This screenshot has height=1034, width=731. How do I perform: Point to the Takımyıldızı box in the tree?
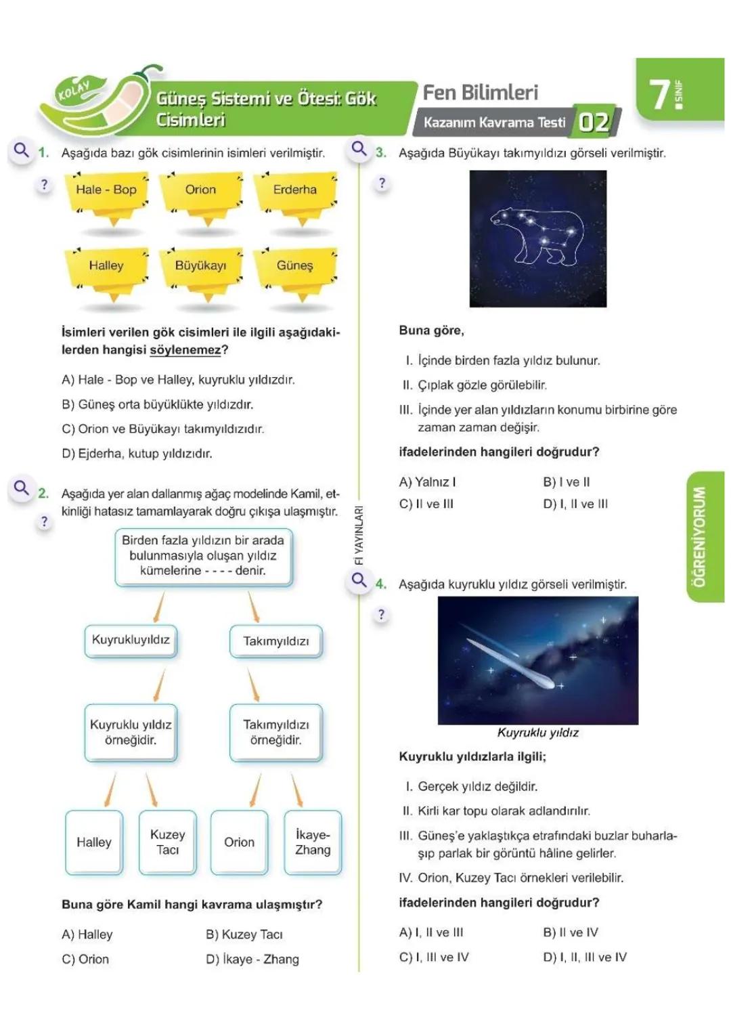click(x=276, y=641)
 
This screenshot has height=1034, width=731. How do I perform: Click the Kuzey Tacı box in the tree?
click(x=167, y=842)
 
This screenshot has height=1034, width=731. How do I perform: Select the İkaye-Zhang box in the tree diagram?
click(x=313, y=842)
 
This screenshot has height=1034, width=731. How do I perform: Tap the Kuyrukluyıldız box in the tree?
click(x=131, y=641)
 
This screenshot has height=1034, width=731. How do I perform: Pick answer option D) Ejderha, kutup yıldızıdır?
click(x=137, y=454)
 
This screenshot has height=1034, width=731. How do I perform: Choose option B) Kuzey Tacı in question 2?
click(x=244, y=934)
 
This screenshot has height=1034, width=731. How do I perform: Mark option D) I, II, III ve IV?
click(x=585, y=957)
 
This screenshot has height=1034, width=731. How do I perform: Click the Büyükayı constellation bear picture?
click(x=538, y=238)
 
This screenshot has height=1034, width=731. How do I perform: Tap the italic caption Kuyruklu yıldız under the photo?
click(x=538, y=733)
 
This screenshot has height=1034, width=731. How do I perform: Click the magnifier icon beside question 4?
click(x=359, y=580)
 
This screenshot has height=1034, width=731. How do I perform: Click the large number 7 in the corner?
click(x=659, y=94)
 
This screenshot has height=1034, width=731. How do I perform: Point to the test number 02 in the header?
click(x=594, y=123)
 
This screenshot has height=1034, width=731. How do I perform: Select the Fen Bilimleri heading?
click(x=481, y=93)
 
